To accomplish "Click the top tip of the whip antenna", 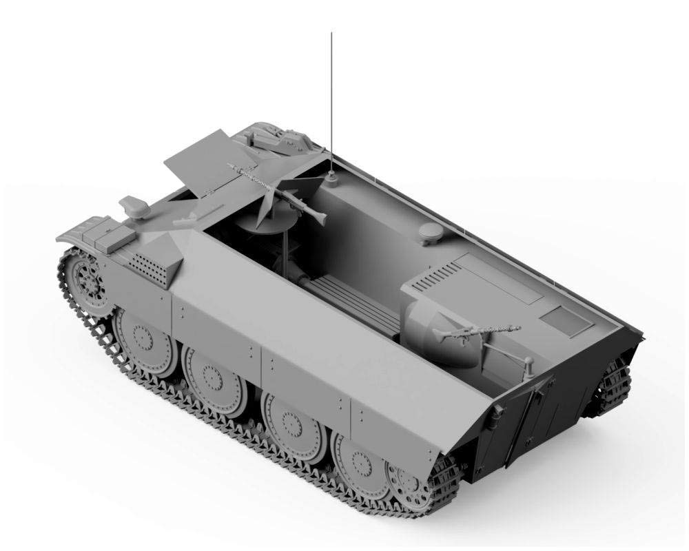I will (331, 34).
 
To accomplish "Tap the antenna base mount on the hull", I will (331, 181).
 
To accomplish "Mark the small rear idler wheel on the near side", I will (413, 482).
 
